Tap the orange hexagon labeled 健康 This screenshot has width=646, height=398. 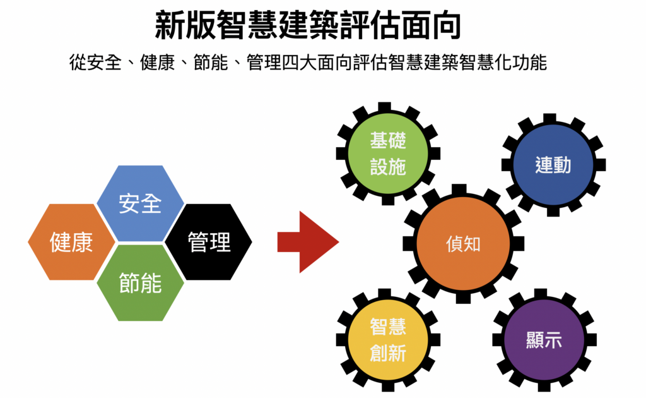[x=71, y=242]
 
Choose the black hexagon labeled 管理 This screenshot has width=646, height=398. [x=209, y=242]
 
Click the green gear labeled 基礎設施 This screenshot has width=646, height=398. [x=388, y=154]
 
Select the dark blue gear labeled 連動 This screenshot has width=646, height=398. [x=553, y=165]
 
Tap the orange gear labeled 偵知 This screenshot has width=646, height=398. [x=463, y=244]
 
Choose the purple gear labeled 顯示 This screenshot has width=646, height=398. [x=544, y=340]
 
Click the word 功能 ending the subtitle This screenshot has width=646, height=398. [x=530, y=64]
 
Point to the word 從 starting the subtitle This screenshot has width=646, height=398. [x=78, y=64]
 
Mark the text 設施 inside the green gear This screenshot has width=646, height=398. [x=388, y=166]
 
